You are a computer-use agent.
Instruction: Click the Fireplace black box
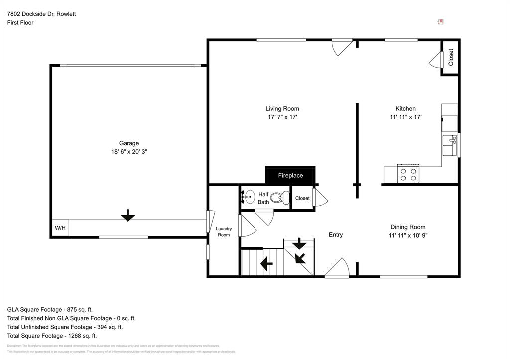click(290, 175)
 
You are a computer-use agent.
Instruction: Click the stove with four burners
click(408, 174)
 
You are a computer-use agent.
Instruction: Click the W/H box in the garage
click(60, 228)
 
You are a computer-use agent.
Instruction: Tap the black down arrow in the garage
click(128, 215)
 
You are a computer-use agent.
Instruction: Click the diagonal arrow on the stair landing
click(300, 258)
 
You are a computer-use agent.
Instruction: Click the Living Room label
click(282, 109)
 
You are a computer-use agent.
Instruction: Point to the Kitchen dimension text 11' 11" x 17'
click(406, 117)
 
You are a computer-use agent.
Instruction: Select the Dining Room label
click(408, 227)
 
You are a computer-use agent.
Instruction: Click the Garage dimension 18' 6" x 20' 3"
click(129, 152)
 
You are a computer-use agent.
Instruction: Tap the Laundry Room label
click(224, 232)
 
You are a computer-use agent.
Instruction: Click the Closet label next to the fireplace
click(302, 198)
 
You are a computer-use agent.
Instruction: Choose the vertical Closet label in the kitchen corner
click(451, 57)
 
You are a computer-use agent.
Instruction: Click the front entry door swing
click(338, 267)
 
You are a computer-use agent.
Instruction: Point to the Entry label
click(336, 235)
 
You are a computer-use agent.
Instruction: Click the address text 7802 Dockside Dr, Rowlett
click(41, 14)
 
